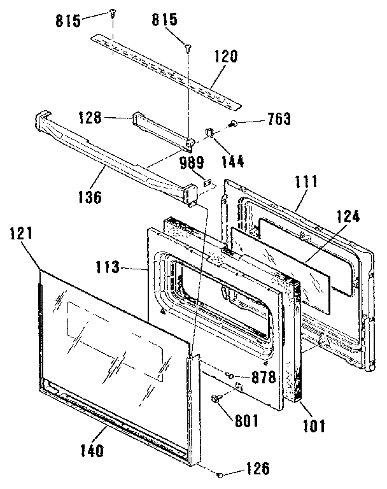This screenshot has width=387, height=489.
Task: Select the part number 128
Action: tap(90, 117)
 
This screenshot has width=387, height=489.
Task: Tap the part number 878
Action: tap(263, 376)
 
